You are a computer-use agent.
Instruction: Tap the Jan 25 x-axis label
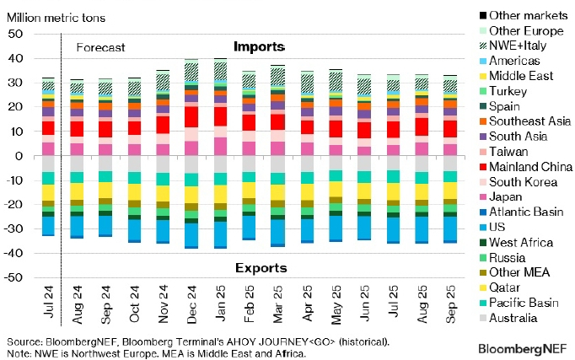pos(222,305)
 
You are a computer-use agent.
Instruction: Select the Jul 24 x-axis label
pos(49,305)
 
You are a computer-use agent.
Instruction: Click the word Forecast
pos(99,48)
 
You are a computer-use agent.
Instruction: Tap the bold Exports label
pos(259,268)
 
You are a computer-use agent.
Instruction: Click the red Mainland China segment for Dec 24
pos(192,116)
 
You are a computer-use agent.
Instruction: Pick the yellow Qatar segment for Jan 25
pos(221,194)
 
